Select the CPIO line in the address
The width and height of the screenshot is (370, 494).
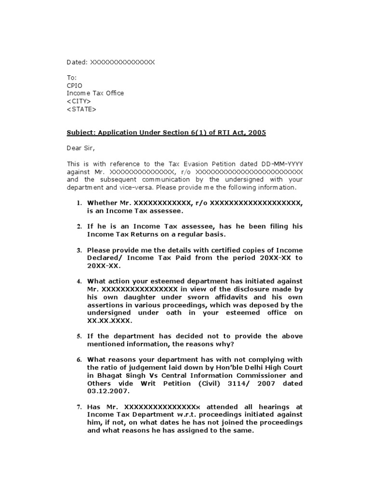tap(74, 85)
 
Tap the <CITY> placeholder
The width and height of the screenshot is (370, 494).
tap(79, 101)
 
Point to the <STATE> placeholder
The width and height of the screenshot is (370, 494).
tap(81, 109)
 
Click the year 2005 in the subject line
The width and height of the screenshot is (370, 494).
tap(257, 133)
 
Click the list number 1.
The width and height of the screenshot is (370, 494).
tap(79, 204)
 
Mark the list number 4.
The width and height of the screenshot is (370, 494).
tap(79, 281)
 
